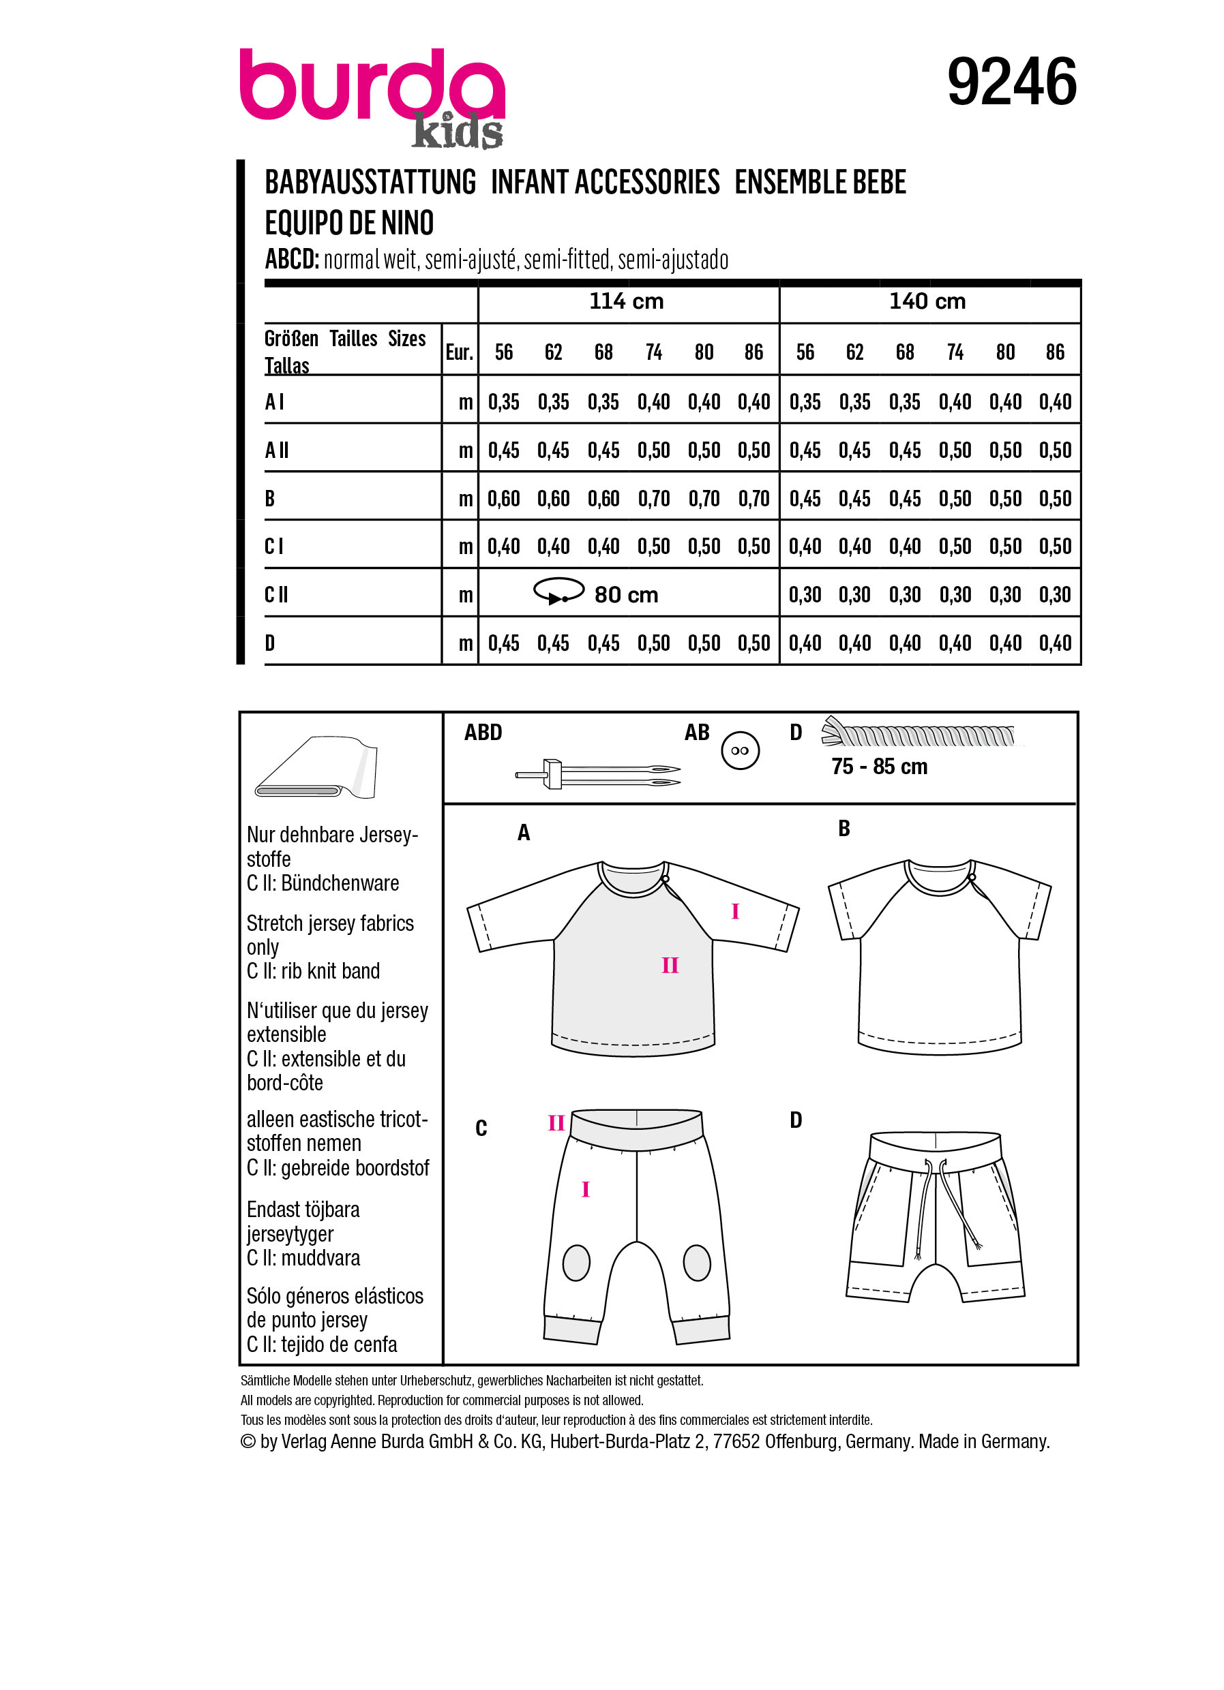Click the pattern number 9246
coord(1011,82)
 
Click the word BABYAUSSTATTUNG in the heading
coord(370,183)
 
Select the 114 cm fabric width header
coord(626,302)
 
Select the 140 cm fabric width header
coord(927,302)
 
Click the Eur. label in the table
coord(459,352)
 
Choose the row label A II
coord(277,450)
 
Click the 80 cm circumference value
coord(626,595)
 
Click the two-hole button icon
coord(741,750)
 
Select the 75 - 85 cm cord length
coord(880,767)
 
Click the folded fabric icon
coord(316,767)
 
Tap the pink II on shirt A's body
coord(670,966)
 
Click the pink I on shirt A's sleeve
coord(735,911)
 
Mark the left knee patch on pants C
coord(576,1263)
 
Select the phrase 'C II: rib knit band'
coord(313,971)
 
